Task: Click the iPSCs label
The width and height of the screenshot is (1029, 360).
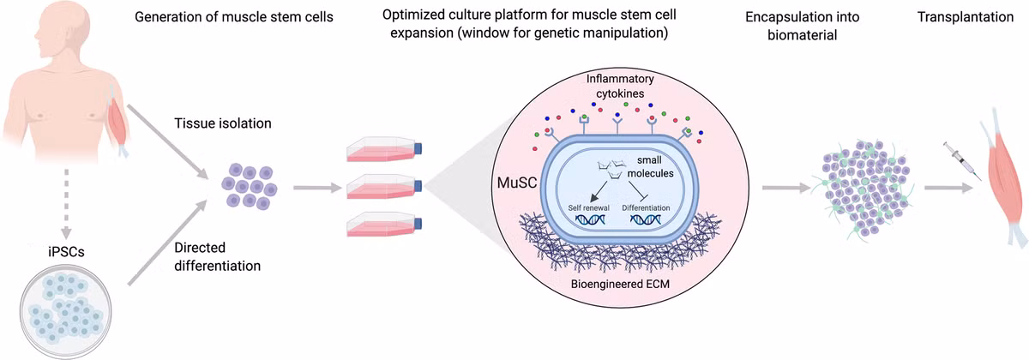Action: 66,252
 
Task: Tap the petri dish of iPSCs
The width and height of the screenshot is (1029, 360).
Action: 66,311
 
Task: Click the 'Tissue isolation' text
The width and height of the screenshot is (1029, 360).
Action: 223,123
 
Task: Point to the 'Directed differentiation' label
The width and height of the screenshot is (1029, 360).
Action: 217,256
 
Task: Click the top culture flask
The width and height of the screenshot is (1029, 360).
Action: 384,149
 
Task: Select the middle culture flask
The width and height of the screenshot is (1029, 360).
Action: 384,187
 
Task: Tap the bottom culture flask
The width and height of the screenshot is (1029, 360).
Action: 384,224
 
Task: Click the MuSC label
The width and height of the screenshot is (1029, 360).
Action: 517,183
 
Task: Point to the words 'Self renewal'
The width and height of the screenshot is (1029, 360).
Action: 588,207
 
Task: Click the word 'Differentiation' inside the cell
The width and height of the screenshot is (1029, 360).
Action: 646,207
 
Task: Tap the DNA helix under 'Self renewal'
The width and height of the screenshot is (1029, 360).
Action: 590,220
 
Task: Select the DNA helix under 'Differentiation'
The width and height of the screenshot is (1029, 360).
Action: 646,220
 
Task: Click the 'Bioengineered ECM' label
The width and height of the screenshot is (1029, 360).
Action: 620,284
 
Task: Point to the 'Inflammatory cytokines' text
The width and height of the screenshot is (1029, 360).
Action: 620,86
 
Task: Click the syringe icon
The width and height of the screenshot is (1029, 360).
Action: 962,161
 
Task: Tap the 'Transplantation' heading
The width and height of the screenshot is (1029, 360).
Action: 966,17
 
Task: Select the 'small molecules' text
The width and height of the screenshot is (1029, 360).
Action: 650,166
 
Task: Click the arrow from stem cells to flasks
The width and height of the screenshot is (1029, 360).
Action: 317,188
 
